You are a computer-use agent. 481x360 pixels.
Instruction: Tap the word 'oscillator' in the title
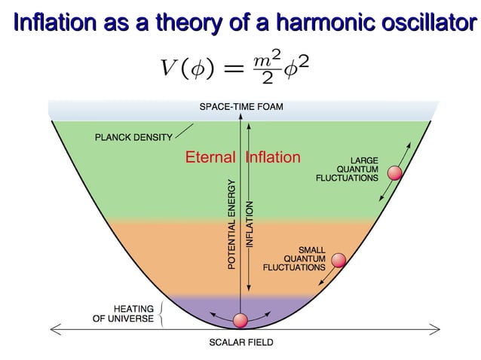[x=424, y=23]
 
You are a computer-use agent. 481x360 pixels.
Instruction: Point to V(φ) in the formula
[x=185, y=67]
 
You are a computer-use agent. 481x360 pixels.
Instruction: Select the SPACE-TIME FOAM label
[x=241, y=107]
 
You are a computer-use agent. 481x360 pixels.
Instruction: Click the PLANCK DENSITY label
[x=133, y=137]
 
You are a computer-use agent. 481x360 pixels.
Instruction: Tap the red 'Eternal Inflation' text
[x=243, y=157]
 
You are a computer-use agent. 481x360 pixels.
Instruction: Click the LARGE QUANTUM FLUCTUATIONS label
[x=348, y=169]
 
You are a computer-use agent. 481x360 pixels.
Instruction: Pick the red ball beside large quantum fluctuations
[x=394, y=174]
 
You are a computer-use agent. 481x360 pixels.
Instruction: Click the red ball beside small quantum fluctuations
[x=339, y=261]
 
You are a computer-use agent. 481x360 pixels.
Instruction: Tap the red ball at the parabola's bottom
[x=240, y=320]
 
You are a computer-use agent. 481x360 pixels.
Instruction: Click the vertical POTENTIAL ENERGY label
[x=231, y=224]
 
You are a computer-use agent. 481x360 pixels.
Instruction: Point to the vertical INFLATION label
[x=250, y=225]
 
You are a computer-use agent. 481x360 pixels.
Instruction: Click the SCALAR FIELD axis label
[x=241, y=343]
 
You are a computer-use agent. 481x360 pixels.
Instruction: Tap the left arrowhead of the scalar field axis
[x=54, y=328]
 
